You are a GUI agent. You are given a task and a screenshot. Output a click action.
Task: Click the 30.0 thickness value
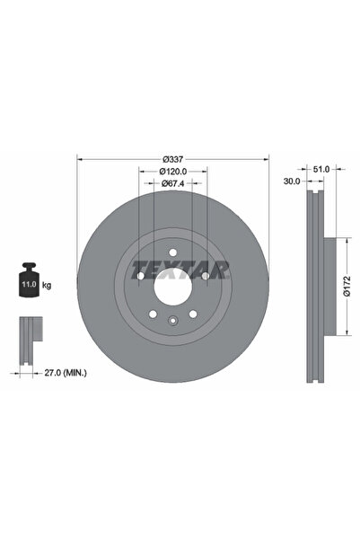click(x=292, y=180)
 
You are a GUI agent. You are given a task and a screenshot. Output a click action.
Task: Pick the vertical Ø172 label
click(x=348, y=286)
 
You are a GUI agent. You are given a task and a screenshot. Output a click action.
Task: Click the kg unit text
click(x=47, y=285)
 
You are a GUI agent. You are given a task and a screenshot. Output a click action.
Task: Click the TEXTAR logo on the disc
click(x=180, y=269)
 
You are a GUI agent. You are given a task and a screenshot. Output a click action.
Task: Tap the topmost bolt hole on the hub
click(x=172, y=252)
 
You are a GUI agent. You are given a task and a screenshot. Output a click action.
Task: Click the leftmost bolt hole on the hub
click(x=140, y=275)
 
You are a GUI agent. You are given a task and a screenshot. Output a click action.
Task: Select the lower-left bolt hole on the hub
click(x=153, y=313)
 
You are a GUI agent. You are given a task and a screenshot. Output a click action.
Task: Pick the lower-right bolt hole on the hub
click(x=192, y=313)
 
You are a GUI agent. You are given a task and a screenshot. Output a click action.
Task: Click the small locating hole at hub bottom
click(x=172, y=321)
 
